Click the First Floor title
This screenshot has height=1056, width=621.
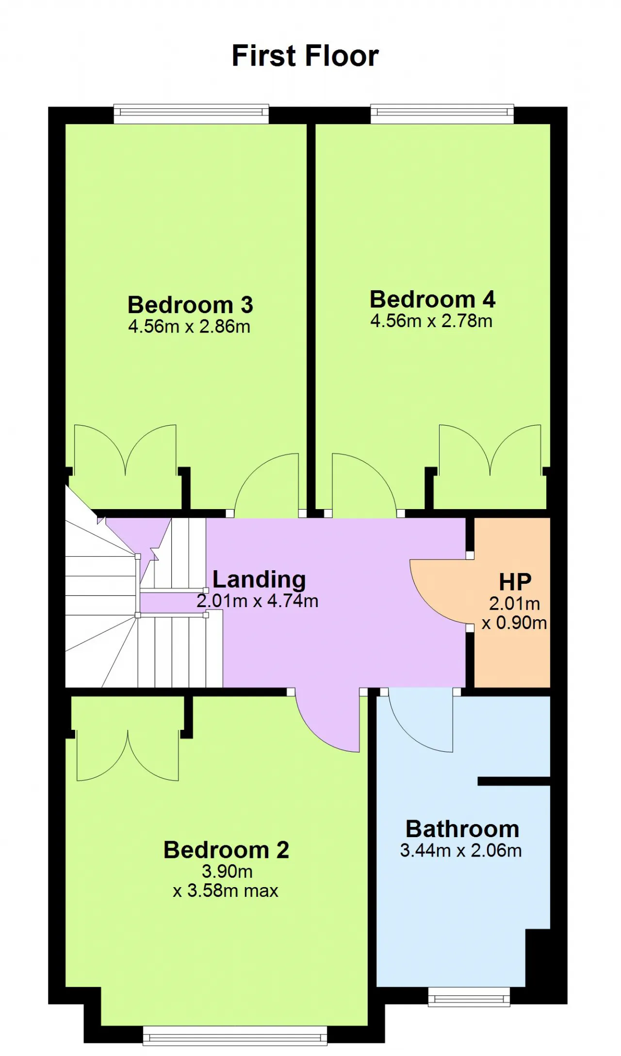click(x=305, y=55)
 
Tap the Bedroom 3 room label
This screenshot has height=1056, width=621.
click(x=190, y=305)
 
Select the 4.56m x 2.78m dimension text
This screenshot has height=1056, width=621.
click(x=431, y=321)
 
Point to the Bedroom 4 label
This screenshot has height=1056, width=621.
click(x=432, y=299)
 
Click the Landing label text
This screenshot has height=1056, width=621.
click(x=259, y=580)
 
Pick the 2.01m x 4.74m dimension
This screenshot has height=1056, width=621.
click(x=257, y=601)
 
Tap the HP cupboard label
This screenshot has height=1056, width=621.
click(x=515, y=582)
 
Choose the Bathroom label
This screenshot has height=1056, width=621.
click(x=462, y=829)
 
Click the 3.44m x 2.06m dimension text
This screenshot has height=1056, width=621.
click(x=461, y=850)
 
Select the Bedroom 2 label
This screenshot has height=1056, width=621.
click(x=226, y=850)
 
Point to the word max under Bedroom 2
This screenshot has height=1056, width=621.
click(x=261, y=891)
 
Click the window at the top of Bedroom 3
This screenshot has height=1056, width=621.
click(x=191, y=114)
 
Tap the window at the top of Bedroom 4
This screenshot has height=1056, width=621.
click(x=442, y=114)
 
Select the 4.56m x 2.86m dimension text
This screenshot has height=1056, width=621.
click(x=189, y=327)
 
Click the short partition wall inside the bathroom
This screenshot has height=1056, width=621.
click(x=514, y=781)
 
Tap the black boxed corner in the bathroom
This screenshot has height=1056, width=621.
click(x=538, y=958)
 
